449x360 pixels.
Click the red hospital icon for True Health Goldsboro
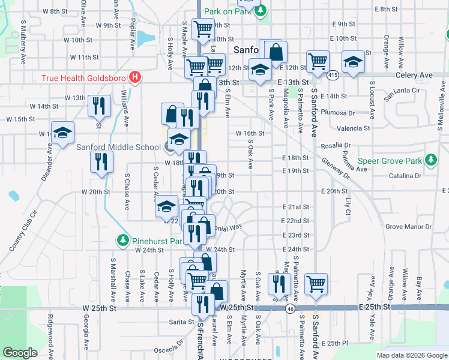(x=136, y=77)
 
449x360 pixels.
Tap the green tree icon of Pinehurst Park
(x=123, y=241)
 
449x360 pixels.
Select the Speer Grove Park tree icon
(x=430, y=160)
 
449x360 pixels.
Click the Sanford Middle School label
(x=118, y=146)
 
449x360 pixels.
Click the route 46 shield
(x=290, y=308)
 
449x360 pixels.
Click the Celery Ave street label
(x=414, y=75)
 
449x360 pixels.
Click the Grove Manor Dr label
(x=408, y=227)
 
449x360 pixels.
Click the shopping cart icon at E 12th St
(x=317, y=61)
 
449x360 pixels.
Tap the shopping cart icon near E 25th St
(x=316, y=283)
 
